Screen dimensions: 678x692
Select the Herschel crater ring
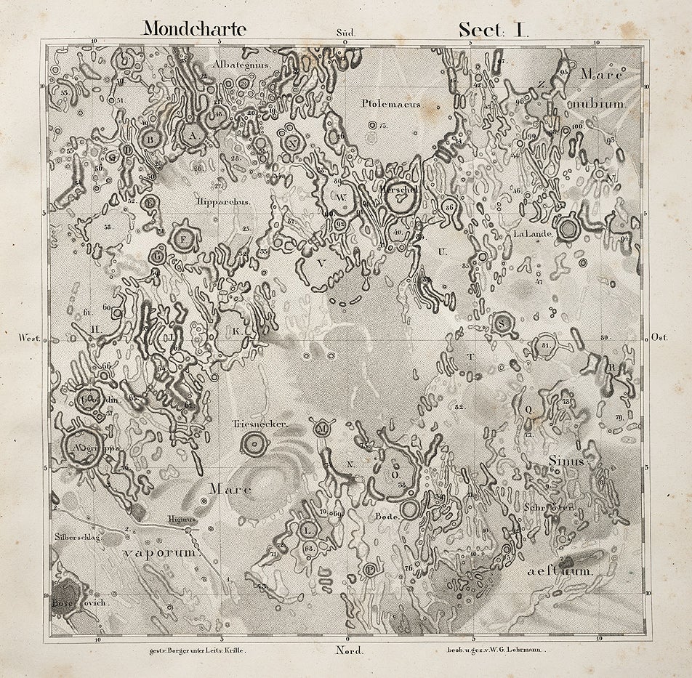pyautogui.click(x=399, y=197)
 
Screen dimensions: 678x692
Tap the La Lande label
pyautogui.click(x=534, y=234)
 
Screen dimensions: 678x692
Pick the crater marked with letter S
pyautogui.click(x=502, y=323)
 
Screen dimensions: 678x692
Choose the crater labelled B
pyautogui.click(x=150, y=137)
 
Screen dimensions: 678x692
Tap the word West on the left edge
pyautogui.click(x=29, y=338)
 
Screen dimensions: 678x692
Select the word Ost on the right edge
pyautogui.click(x=662, y=338)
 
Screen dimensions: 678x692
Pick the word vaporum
pyautogui.click(x=159, y=552)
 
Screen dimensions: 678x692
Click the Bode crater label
pyautogui.click(x=384, y=515)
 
